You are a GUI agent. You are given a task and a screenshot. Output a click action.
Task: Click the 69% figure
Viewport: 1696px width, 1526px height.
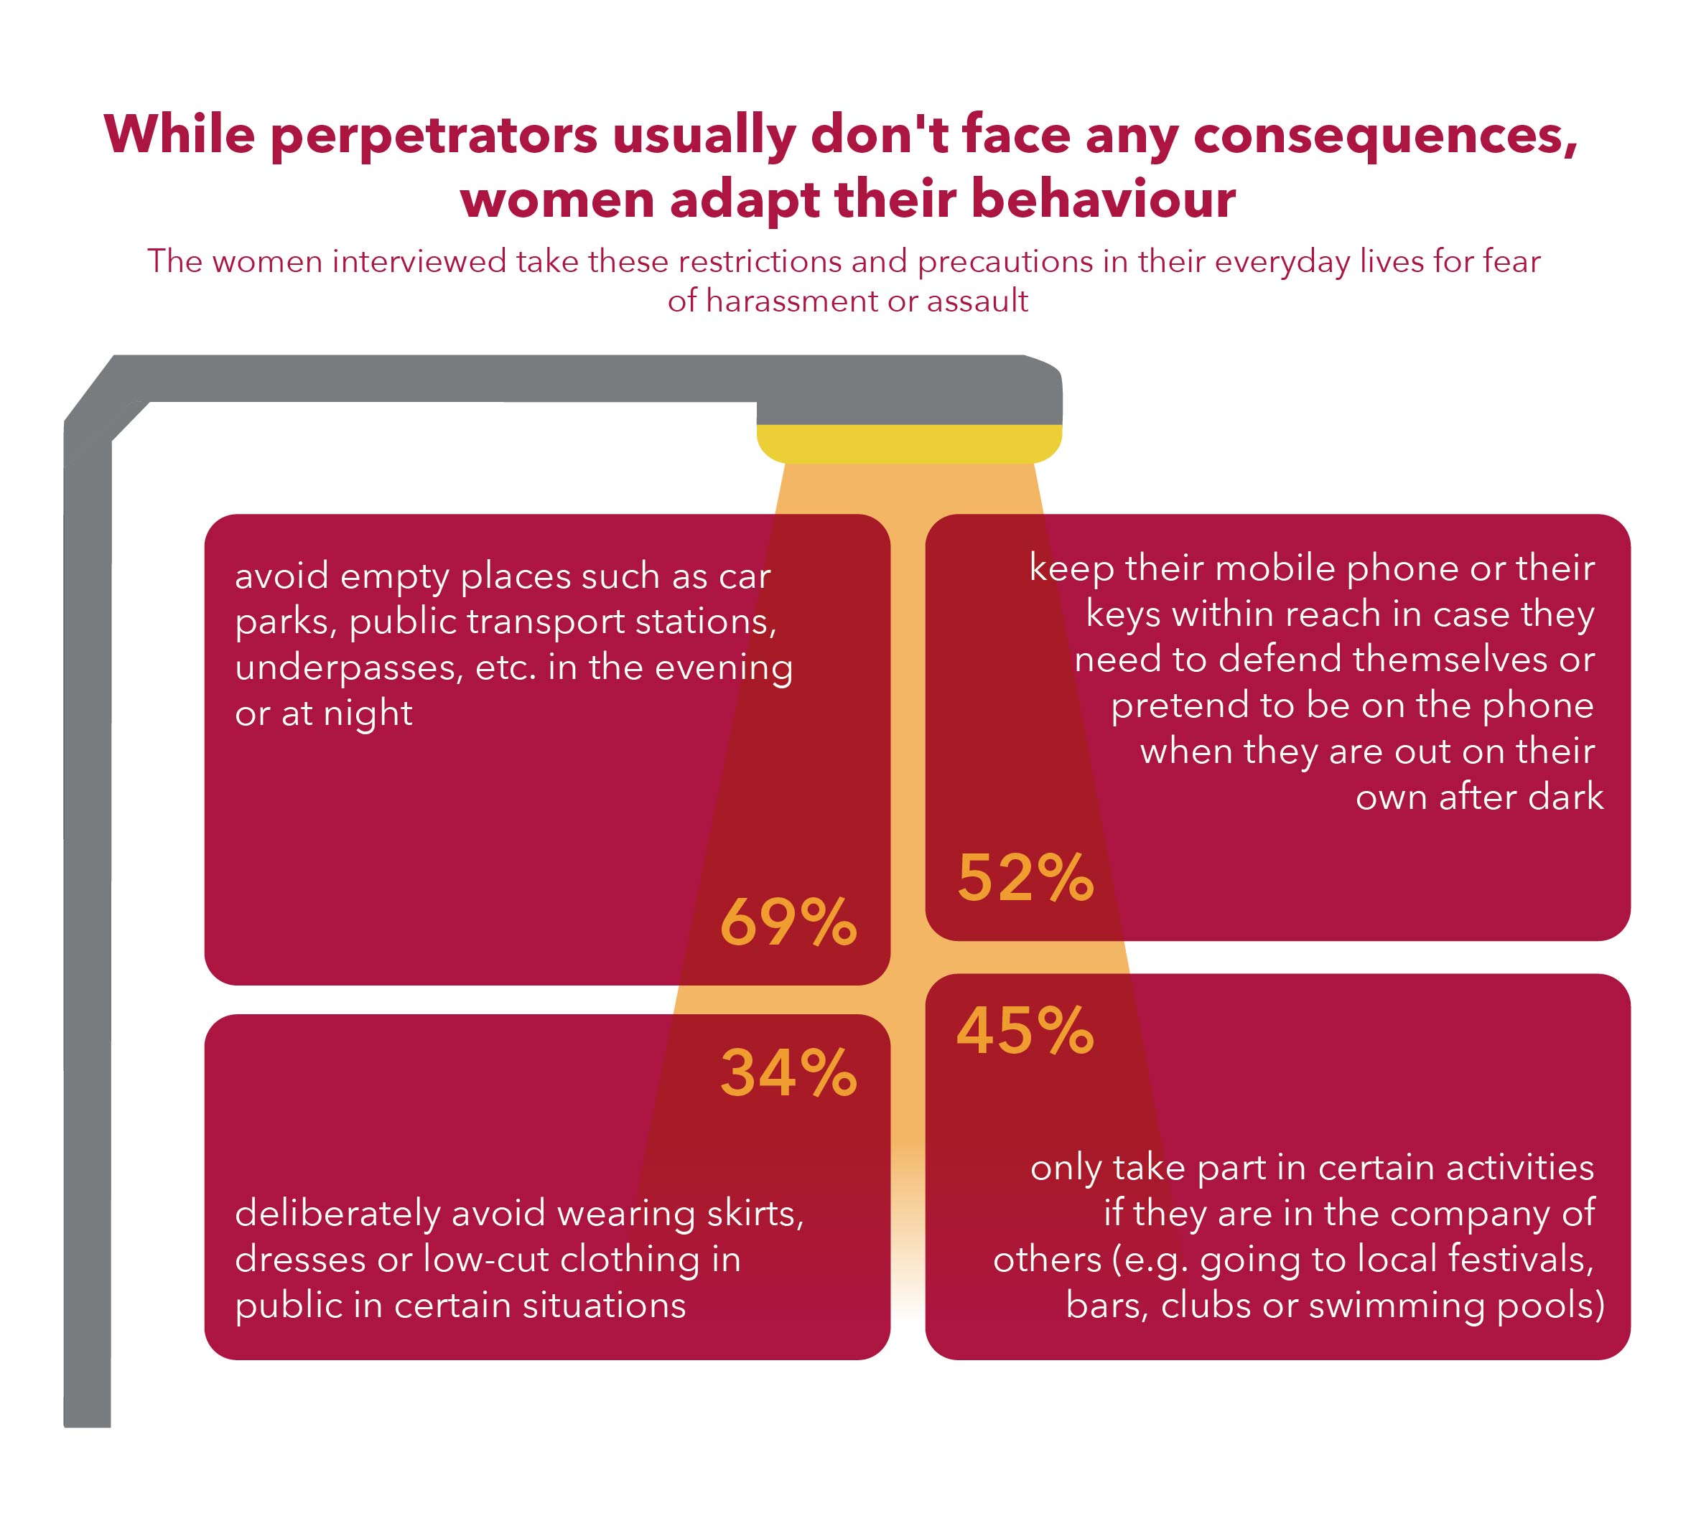point(788,922)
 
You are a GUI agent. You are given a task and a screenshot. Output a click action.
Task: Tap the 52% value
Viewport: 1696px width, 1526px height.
point(1025,878)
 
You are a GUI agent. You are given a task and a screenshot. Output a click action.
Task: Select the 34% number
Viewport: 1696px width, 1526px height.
point(788,1073)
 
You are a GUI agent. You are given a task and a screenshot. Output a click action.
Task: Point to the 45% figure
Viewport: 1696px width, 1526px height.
point(1025,1031)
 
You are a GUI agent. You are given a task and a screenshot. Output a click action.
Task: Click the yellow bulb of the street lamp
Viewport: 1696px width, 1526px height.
point(908,444)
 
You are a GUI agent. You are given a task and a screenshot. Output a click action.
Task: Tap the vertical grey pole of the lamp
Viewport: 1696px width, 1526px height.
point(87,922)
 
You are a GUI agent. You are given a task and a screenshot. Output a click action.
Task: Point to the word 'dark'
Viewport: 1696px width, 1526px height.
point(1566,797)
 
